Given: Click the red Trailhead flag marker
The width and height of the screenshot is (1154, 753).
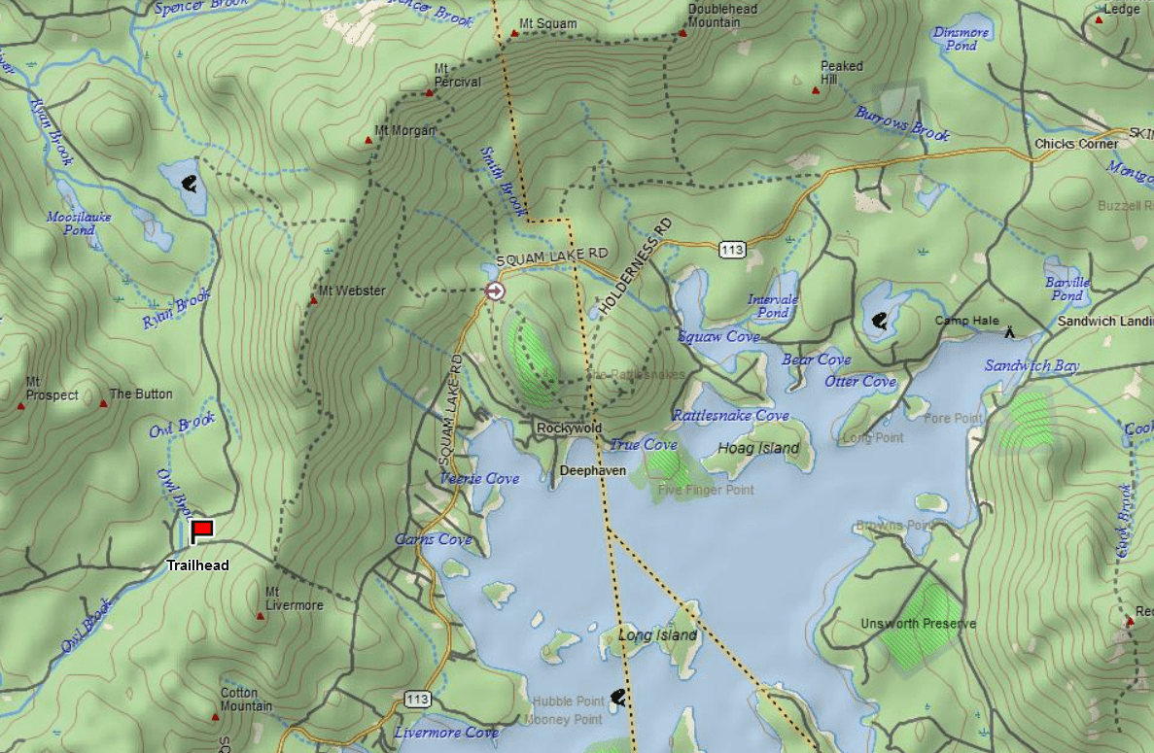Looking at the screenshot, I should pyautogui.click(x=202, y=531).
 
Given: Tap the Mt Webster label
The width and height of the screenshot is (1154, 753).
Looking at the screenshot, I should pyautogui.click(x=353, y=291).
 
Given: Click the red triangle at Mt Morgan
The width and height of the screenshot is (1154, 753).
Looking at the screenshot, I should pyautogui.click(x=368, y=140).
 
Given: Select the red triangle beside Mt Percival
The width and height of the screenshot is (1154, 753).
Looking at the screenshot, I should pyautogui.click(x=429, y=93).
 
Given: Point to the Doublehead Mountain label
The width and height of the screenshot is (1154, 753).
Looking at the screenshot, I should pyautogui.click(x=721, y=16).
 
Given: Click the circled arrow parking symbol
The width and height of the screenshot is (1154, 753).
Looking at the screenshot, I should pyautogui.click(x=495, y=291).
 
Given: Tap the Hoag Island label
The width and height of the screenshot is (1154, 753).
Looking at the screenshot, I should pyautogui.click(x=758, y=448).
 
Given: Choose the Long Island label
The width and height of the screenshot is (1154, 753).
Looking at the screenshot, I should pyautogui.click(x=658, y=635).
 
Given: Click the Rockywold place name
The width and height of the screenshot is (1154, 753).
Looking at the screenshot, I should pyautogui.click(x=569, y=428).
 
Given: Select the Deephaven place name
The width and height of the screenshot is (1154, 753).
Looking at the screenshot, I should pyautogui.click(x=593, y=470).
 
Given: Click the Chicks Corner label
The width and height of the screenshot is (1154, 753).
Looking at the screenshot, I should pyautogui.click(x=1076, y=144).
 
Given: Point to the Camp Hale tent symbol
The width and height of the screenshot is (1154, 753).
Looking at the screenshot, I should pyautogui.click(x=1010, y=332).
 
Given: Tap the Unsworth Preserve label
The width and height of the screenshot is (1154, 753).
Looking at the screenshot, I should pyautogui.click(x=918, y=624).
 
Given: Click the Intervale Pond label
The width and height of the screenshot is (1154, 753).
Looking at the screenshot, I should pyautogui.click(x=773, y=306).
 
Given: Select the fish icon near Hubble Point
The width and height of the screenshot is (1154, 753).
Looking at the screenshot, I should pyautogui.click(x=616, y=696).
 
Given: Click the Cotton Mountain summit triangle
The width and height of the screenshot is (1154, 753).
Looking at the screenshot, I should pyautogui.click(x=216, y=717).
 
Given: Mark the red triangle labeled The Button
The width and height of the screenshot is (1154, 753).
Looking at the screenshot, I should pyautogui.click(x=103, y=400).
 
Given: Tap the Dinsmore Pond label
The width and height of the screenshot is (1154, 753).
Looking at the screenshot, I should pyautogui.click(x=961, y=39).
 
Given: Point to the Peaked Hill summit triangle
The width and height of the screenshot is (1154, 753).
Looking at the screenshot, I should pyautogui.click(x=816, y=90).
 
